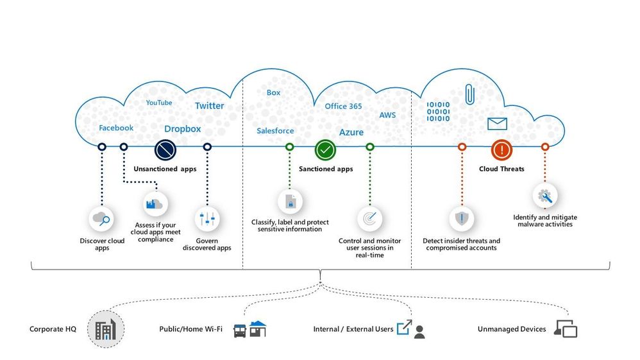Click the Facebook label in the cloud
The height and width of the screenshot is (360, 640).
[116, 128]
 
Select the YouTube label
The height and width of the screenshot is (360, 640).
[158, 103]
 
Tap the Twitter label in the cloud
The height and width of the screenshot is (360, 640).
[209, 106]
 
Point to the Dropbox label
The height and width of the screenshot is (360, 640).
[182, 129]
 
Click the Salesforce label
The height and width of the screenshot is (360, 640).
[275, 131]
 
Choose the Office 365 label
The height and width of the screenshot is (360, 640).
[344, 106]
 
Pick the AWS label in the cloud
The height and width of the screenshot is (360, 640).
[387, 116]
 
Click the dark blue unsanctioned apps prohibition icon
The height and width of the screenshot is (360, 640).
[165, 150]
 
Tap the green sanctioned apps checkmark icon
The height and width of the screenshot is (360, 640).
[325, 150]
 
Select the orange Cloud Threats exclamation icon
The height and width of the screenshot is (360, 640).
[501, 151]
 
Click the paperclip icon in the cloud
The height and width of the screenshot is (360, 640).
[470, 94]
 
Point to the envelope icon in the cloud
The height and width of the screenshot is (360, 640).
[497, 124]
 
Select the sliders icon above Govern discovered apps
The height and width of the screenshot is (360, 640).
[207, 219]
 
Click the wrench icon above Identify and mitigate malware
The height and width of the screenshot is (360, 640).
[544, 196]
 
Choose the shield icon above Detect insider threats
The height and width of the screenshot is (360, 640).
[461, 219]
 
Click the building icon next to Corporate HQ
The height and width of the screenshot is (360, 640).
[105, 330]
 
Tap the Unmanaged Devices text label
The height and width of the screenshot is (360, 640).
[512, 329]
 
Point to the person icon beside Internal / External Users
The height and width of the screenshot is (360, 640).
[419, 332]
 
